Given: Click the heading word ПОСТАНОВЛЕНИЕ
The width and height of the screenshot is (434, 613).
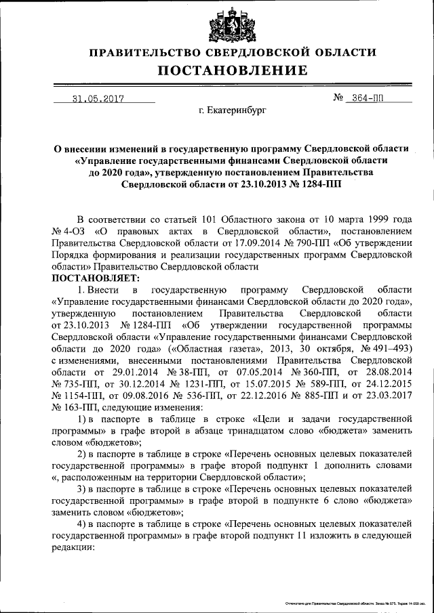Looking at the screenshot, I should click(233, 70).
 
